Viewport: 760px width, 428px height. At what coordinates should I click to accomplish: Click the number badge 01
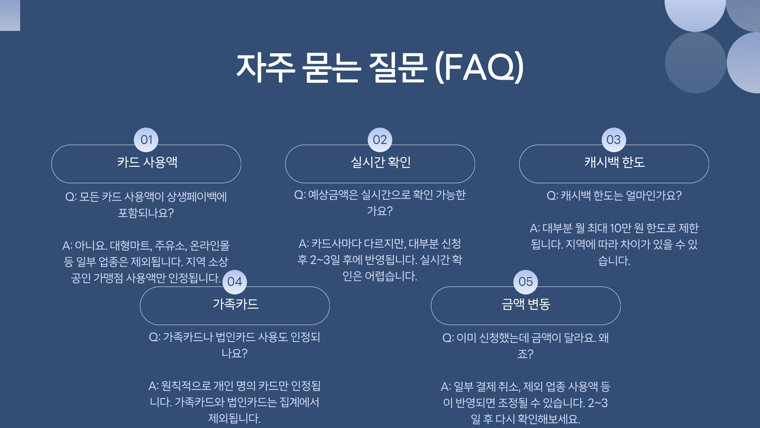coord(146,139)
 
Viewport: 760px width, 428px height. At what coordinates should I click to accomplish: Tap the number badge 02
coord(380,139)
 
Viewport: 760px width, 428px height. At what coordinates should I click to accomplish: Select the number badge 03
coord(614,139)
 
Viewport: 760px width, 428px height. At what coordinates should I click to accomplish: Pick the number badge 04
coord(235,281)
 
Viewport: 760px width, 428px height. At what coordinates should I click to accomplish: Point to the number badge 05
coord(525,281)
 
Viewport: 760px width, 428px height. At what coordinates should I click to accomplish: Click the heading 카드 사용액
coord(147,162)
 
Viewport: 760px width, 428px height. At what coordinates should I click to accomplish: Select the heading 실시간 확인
coord(381,162)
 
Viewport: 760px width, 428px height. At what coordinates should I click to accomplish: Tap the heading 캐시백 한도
coord(614,162)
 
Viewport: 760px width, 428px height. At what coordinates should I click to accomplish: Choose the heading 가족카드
coord(236,304)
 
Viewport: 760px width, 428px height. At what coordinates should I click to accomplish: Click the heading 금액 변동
coord(526,304)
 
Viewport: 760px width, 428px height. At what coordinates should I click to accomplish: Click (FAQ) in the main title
coord(479,67)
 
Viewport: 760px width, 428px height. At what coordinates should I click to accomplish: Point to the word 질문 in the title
coord(398,67)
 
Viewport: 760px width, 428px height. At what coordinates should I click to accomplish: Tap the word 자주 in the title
coord(266,67)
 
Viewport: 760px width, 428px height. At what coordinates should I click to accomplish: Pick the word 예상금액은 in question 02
coord(333,195)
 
